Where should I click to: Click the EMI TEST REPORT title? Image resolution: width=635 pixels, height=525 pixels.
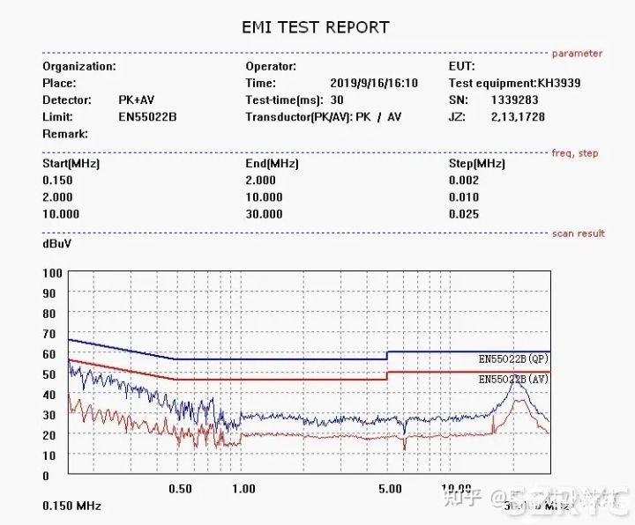[x=315, y=27]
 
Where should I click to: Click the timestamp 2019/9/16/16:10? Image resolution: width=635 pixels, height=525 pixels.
[x=374, y=83]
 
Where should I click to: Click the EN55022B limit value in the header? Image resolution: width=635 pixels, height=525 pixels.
[x=147, y=116]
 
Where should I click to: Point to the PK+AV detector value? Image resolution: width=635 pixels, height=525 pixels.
[x=137, y=100]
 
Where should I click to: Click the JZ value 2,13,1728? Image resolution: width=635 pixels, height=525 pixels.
[x=517, y=116]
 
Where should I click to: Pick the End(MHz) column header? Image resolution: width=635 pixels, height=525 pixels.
[x=272, y=164]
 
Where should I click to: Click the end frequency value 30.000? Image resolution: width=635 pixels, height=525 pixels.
[x=264, y=214]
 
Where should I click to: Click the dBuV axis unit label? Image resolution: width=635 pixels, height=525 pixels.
[x=57, y=242]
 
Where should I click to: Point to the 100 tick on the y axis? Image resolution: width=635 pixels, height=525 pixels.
[x=52, y=273]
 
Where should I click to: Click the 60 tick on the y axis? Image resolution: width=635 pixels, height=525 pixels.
[x=49, y=354]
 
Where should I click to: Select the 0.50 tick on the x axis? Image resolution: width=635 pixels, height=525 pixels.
[x=180, y=489]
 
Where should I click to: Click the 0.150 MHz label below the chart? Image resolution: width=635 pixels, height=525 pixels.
[x=71, y=507]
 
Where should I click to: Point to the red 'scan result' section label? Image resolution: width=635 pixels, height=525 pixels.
[x=578, y=233]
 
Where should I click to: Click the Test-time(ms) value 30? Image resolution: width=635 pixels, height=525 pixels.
[x=337, y=100]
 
